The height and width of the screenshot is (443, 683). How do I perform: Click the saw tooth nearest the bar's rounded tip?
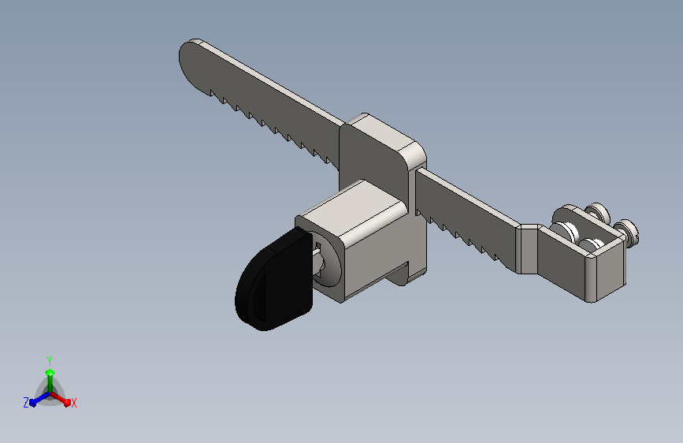pyautogui.click(x=213, y=93)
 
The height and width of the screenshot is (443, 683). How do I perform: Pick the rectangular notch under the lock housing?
pyautogui.click(x=403, y=274)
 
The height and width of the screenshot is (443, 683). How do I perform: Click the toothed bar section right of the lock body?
pyautogui.click(x=466, y=218)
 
